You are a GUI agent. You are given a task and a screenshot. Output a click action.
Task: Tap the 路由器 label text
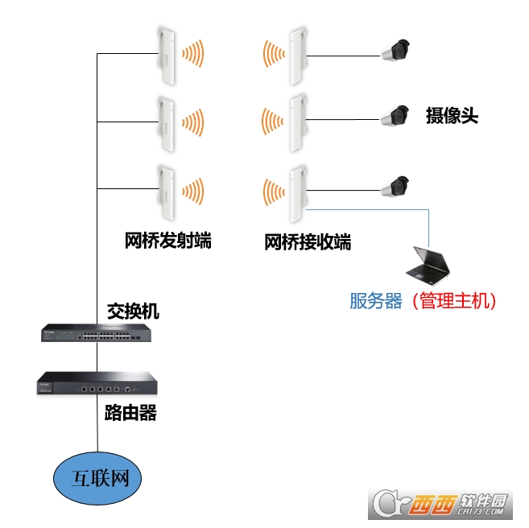point(130,415)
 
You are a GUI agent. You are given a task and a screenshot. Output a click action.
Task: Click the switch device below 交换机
point(97,333)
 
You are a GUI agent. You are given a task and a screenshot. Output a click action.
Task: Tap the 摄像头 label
point(452,116)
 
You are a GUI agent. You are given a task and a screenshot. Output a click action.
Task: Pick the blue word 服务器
point(375,301)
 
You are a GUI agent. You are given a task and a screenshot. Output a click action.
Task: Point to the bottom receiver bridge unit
point(297,193)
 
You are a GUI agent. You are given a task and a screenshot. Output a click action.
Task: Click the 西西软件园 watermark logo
point(442,504)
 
